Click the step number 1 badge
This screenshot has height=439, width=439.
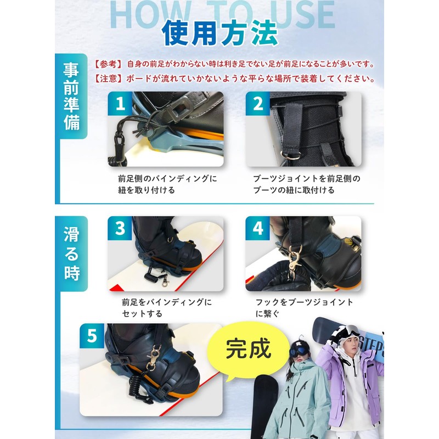click(120, 103)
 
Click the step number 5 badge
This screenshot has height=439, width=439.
click(92, 336)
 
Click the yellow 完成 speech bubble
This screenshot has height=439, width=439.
click(248, 349)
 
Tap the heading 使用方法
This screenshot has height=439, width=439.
click(219, 34)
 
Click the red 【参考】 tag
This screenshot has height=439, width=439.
click(108, 64)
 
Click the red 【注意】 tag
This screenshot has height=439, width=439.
click(108, 78)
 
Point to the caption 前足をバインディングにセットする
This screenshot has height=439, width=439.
click(166, 308)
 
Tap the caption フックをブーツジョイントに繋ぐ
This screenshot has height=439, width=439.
click(303, 308)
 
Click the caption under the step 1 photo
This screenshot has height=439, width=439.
click(167, 184)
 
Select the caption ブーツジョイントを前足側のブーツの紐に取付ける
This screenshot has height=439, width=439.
click(306, 184)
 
